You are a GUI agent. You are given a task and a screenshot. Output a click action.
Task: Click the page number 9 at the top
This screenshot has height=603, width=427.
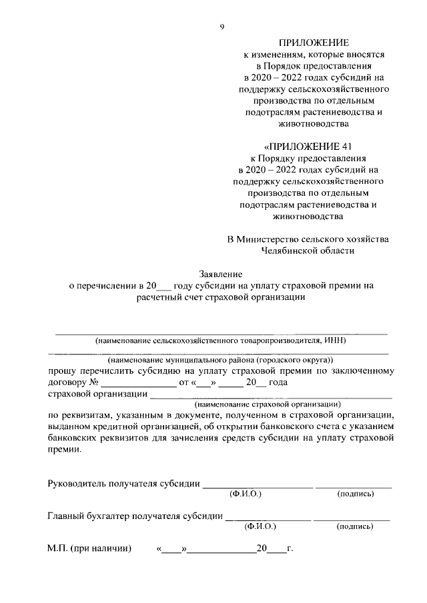click(x=222, y=27)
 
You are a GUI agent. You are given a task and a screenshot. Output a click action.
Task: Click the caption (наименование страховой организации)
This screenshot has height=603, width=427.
click(x=268, y=404)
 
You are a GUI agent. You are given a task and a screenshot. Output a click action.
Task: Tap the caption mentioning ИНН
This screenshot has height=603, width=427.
click(x=221, y=340)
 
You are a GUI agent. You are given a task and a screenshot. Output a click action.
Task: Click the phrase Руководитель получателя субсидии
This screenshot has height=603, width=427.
click(x=124, y=483)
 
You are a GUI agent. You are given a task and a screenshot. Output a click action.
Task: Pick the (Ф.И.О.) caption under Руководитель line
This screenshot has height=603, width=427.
click(x=245, y=494)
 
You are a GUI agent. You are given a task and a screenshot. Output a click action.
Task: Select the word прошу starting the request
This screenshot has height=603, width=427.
click(x=63, y=371)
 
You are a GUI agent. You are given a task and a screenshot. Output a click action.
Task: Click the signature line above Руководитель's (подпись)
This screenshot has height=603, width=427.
click(x=354, y=487)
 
